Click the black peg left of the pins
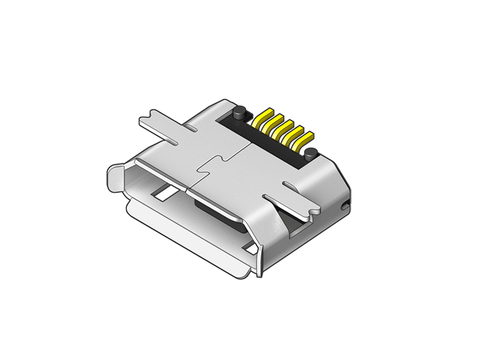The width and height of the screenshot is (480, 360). click(x=239, y=113)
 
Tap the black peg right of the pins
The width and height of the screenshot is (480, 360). click(x=310, y=154)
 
